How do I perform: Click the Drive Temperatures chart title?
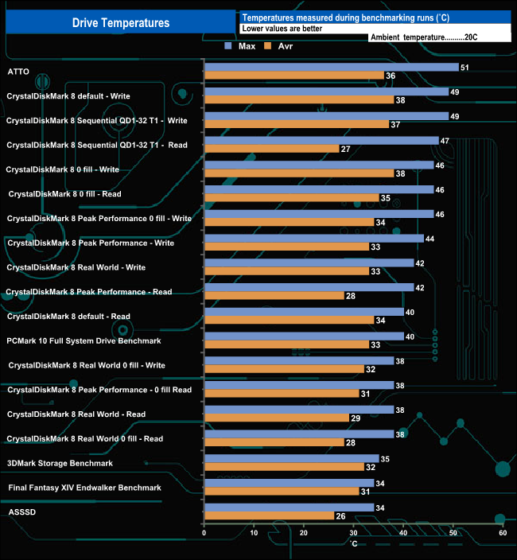click(121, 23)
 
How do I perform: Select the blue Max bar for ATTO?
click(331, 67)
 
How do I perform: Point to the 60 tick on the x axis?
click(503, 533)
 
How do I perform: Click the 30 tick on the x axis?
click(353, 533)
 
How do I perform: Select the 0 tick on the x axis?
click(204, 533)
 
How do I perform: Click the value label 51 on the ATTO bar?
click(465, 68)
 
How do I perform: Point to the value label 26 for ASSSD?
click(341, 516)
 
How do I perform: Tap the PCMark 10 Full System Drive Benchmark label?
click(84, 340)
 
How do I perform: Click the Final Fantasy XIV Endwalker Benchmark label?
click(84, 488)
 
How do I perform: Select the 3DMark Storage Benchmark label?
click(60, 463)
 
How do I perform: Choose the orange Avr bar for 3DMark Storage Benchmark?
click(284, 467)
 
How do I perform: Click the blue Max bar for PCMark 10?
click(304, 336)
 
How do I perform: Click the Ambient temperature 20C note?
click(424, 37)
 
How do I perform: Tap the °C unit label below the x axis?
click(353, 543)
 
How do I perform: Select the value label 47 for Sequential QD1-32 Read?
click(445, 141)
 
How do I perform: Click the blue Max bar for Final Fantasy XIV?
click(289, 483)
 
